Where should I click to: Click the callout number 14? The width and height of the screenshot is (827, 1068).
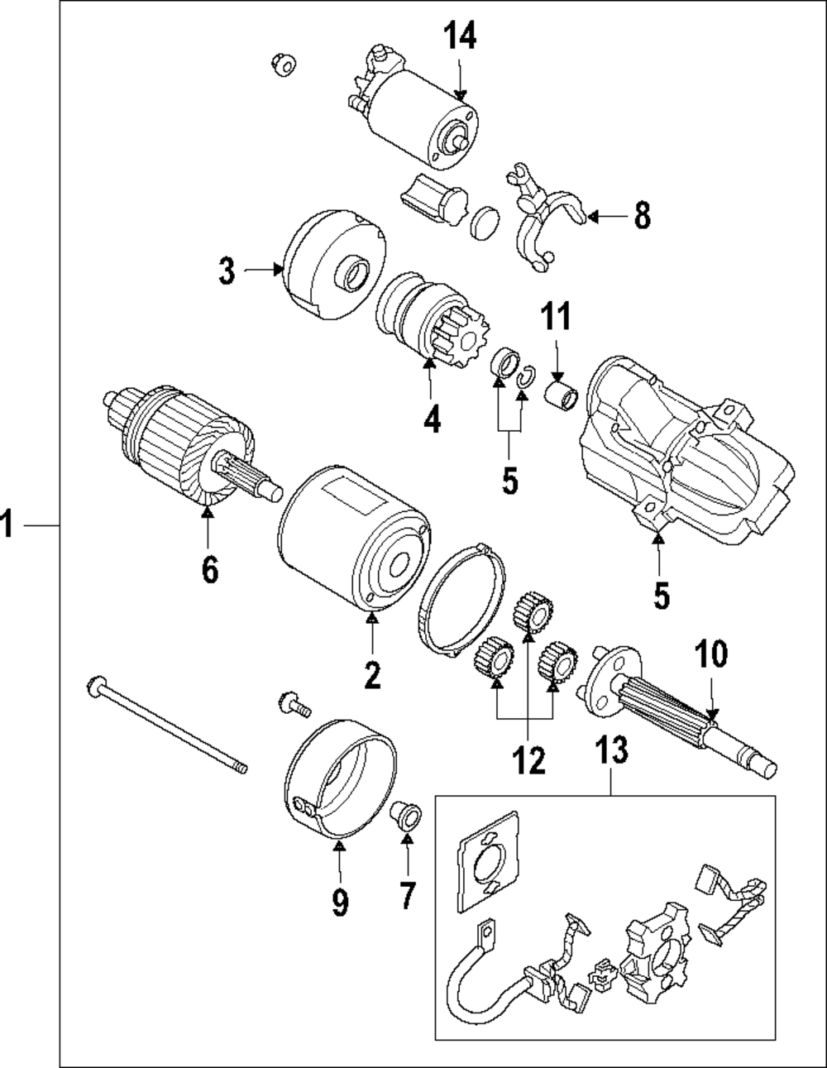pyautogui.click(x=460, y=36)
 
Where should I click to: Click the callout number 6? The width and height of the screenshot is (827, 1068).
pyautogui.click(x=210, y=570)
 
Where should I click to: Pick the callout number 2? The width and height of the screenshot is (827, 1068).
pyautogui.click(x=372, y=675)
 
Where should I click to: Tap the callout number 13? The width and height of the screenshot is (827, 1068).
pyautogui.click(x=611, y=750)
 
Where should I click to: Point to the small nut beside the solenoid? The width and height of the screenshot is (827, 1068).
pyautogui.click(x=284, y=65)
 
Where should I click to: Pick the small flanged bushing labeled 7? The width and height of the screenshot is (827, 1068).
pyautogui.click(x=406, y=817)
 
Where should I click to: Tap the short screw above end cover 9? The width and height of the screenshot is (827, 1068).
pyautogui.click(x=294, y=705)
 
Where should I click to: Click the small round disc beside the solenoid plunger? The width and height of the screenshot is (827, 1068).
pyautogui.click(x=485, y=223)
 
